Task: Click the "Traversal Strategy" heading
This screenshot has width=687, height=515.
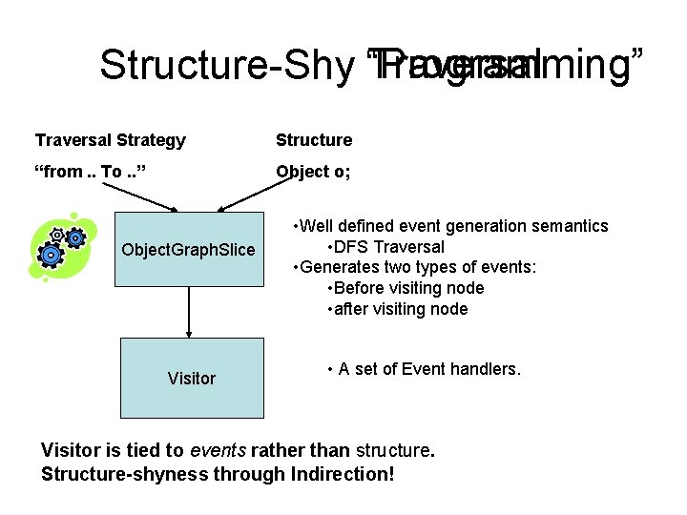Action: (111, 140)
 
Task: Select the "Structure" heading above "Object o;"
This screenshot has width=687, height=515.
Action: (314, 140)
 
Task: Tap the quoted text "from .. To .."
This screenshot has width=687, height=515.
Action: (91, 172)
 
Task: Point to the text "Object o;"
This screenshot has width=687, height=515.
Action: (313, 172)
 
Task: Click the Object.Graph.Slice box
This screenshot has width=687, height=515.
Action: (189, 249)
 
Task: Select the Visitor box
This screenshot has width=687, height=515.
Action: (191, 378)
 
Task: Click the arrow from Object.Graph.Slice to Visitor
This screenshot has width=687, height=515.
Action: (189, 311)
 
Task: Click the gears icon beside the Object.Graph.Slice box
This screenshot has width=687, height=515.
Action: (58, 249)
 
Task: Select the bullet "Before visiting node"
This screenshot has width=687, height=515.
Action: (406, 288)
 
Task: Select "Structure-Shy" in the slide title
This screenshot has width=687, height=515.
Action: (227, 66)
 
